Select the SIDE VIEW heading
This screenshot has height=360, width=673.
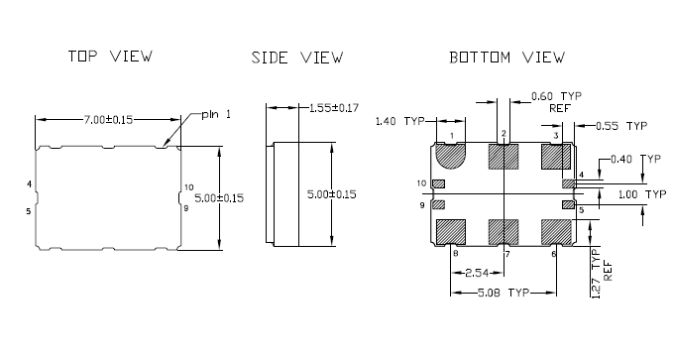297,59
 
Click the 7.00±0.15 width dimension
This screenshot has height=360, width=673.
109,119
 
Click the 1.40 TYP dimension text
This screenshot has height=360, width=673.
398,121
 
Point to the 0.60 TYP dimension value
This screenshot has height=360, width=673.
556,96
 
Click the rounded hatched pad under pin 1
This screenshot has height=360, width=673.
451,157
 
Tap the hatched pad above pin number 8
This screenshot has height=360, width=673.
451,231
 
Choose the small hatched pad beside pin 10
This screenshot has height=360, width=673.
439,183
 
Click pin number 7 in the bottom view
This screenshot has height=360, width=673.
506,255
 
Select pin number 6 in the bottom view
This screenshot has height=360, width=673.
554,255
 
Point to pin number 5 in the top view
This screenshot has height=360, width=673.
29,210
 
